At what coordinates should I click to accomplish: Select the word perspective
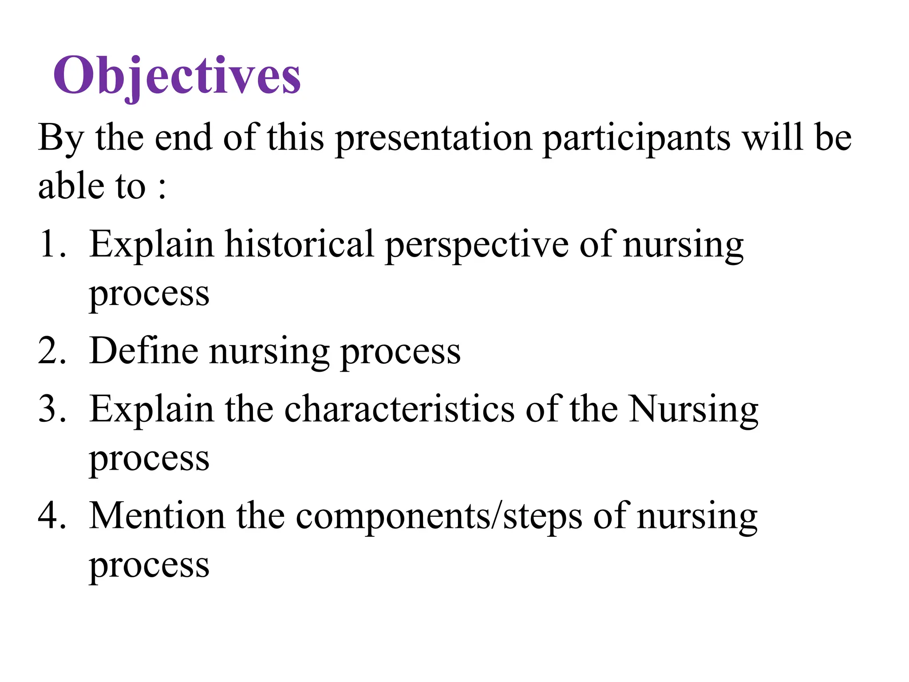[x=476, y=245]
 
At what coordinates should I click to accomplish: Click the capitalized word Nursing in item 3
[x=694, y=409]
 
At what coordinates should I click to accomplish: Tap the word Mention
[x=157, y=516]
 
